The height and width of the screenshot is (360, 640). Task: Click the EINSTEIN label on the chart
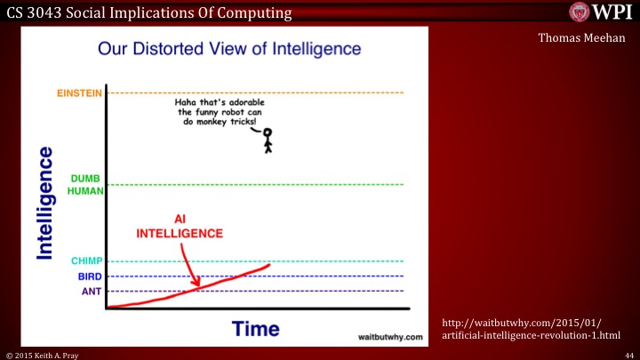78,92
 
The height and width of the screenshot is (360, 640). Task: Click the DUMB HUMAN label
86,184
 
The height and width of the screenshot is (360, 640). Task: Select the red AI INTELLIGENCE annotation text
179,227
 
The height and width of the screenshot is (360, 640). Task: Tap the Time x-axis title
256,330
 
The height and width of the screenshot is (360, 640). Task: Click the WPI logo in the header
596,12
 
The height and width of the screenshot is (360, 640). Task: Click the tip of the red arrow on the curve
198,286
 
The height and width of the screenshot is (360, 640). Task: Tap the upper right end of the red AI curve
268,265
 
